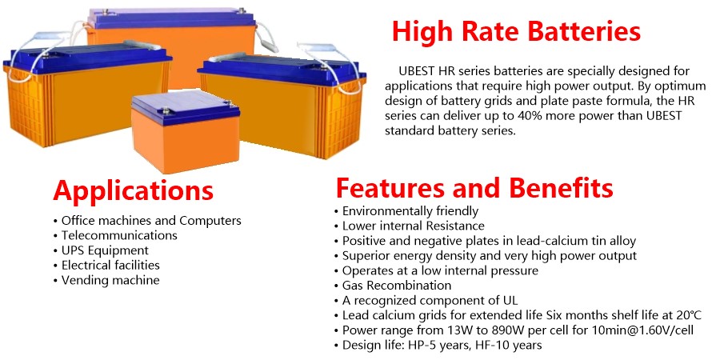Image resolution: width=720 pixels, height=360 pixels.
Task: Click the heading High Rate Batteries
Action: (516, 31)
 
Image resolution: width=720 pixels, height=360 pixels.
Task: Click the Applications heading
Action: (133, 190)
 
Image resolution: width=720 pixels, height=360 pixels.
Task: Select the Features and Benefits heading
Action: (474, 187)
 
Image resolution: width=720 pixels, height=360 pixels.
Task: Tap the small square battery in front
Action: (186, 131)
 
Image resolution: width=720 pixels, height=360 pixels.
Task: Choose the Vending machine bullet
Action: (106, 280)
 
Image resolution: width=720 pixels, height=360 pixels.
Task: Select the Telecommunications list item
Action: (115, 235)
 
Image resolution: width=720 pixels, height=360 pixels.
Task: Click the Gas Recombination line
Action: (393, 285)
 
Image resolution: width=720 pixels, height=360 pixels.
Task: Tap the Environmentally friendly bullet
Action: (406, 211)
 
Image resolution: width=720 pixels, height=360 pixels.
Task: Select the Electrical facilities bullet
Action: (106, 266)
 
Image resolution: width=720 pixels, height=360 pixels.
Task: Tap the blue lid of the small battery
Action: (186, 107)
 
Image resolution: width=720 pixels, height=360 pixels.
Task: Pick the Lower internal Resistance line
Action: (409, 226)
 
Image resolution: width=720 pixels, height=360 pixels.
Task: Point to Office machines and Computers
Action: (147, 221)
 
